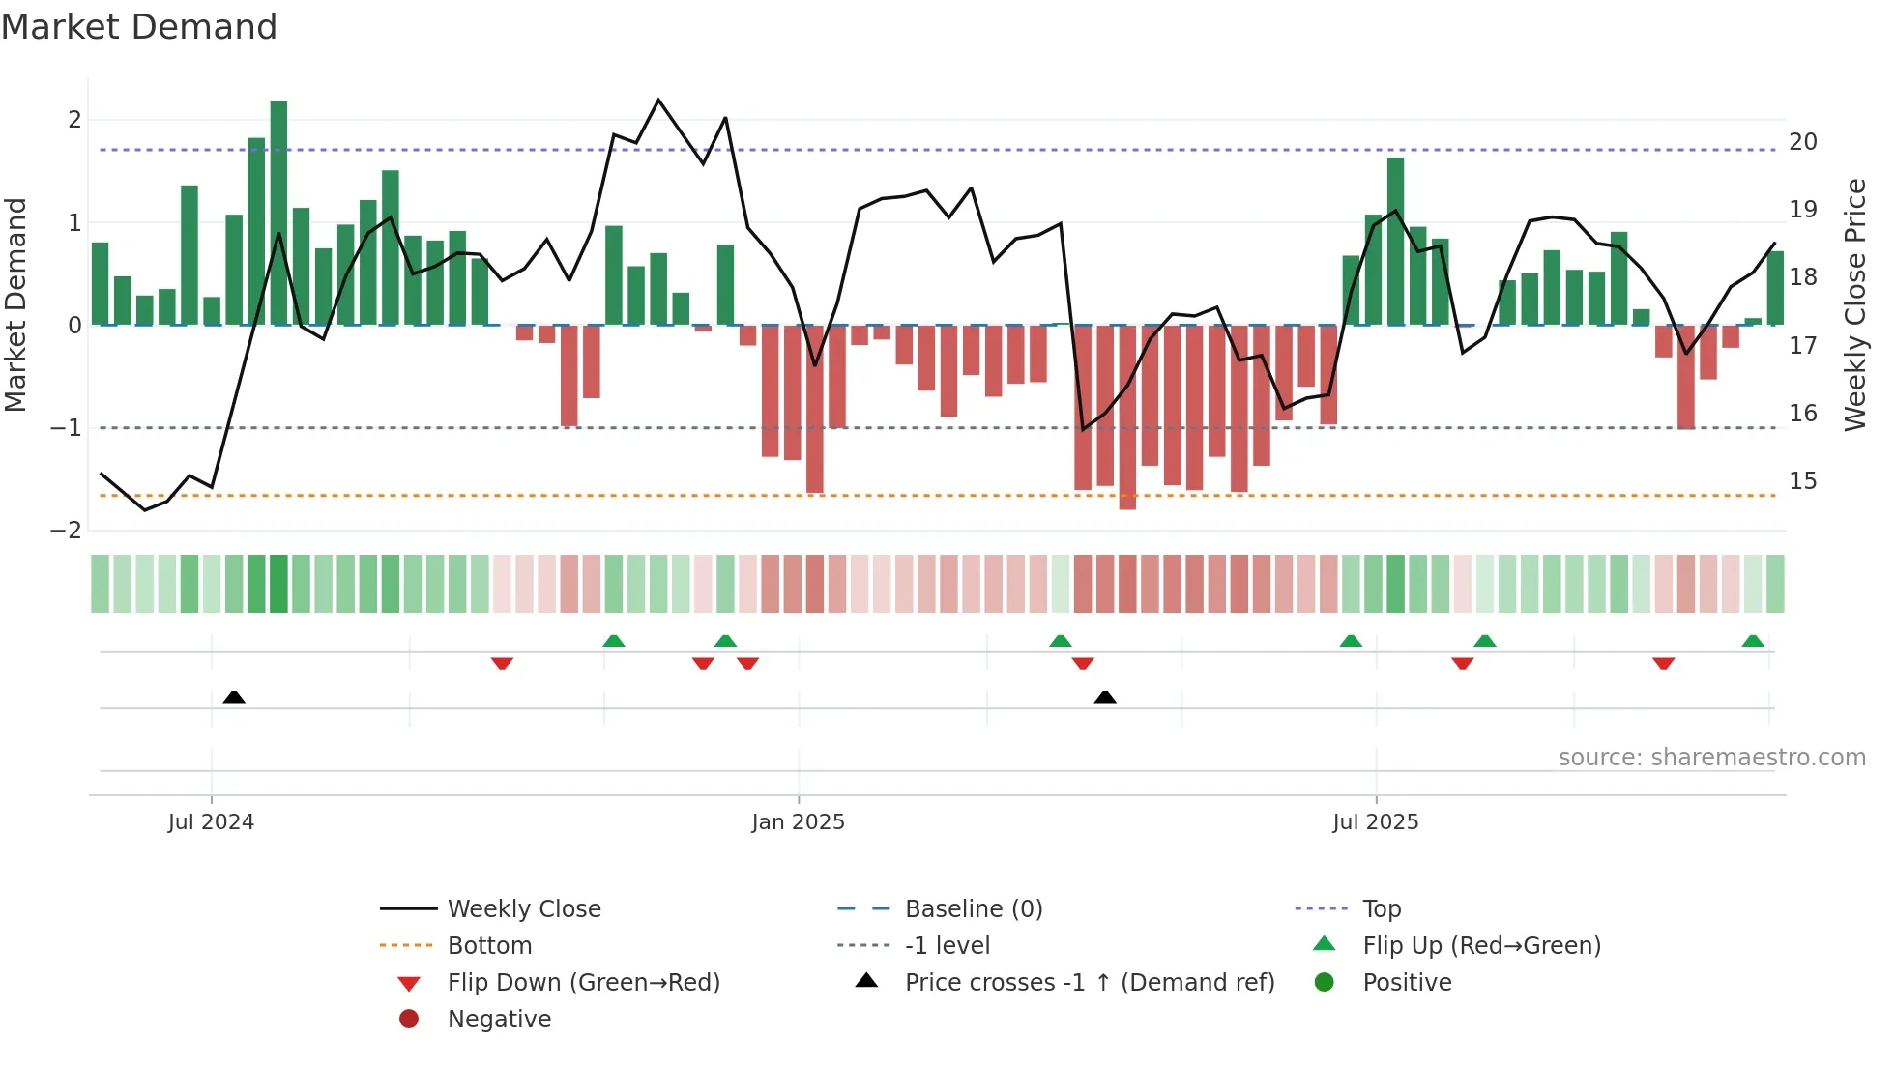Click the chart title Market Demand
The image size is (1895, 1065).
click(x=139, y=27)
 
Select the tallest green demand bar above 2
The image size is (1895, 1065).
click(x=278, y=213)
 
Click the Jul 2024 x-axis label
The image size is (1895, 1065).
click(x=211, y=822)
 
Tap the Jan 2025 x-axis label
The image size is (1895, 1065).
click(x=798, y=822)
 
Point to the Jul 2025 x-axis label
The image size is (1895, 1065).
click(x=1375, y=822)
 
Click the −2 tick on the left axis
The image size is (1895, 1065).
click(x=67, y=531)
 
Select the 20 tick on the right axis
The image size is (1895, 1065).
click(x=1802, y=142)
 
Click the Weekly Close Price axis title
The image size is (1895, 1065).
click(x=1854, y=304)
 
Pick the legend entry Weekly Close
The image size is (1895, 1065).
click(x=523, y=909)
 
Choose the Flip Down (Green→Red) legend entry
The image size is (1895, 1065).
click(x=583, y=983)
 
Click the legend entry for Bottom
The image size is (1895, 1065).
click(x=489, y=946)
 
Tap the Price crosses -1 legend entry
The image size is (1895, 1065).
click(x=1089, y=983)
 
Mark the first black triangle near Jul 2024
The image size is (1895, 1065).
click(x=234, y=697)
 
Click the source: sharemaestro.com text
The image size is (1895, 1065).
click(x=1711, y=758)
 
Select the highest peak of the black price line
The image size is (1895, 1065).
click(x=658, y=101)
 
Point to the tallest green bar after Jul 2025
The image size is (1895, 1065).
click(x=1395, y=242)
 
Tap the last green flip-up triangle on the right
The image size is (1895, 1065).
click(x=1752, y=641)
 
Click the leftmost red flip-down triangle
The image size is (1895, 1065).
click(x=502, y=663)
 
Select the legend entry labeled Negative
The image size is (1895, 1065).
click(x=499, y=1020)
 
